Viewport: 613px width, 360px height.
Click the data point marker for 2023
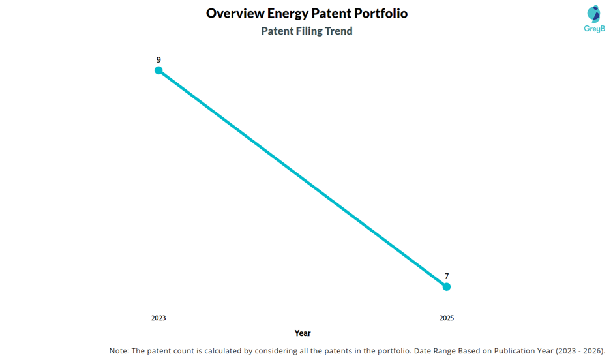click(158, 70)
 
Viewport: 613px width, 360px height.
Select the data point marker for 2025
click(447, 286)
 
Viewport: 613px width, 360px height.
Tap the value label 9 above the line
click(158, 60)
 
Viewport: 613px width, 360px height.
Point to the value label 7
click(447, 277)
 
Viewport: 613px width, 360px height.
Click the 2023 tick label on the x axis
click(158, 318)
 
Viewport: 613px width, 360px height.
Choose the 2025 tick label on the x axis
click(447, 318)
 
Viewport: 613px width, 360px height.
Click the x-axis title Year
click(303, 333)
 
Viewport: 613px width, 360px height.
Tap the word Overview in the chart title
click(235, 14)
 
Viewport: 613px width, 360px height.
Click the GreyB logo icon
click(593, 14)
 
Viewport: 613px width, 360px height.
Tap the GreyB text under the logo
click(594, 29)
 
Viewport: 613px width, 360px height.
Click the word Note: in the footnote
click(120, 351)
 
